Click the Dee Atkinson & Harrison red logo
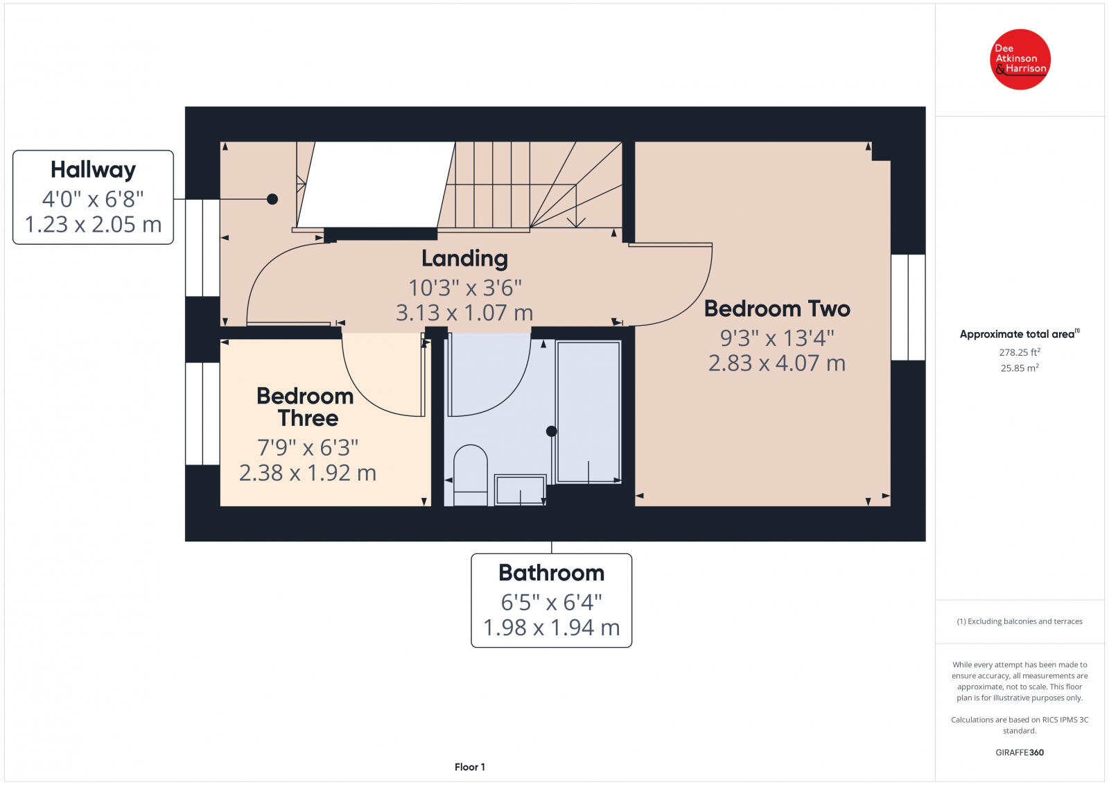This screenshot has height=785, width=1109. click(1020, 60)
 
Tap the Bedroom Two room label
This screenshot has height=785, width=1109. click(777, 309)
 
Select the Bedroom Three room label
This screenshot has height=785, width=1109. click(306, 407)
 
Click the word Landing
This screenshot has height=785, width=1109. click(464, 259)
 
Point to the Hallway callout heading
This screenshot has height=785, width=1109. click(93, 170)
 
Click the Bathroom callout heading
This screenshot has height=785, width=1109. click(551, 573)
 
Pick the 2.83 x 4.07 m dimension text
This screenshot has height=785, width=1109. click(777, 363)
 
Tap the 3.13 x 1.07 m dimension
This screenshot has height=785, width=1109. click(464, 313)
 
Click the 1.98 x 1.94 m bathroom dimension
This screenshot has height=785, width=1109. click(551, 628)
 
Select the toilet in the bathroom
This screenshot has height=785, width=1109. click(470, 475)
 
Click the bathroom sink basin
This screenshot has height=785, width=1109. click(520, 490)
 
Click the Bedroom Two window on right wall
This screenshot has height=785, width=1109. click(907, 307)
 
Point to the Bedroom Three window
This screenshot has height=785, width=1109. click(202, 413)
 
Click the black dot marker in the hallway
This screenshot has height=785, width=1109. click(272, 199)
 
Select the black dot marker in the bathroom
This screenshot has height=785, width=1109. click(551, 431)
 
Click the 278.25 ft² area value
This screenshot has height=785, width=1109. click(1019, 352)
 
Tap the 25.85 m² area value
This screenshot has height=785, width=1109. click(1019, 368)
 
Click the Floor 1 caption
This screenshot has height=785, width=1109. click(470, 767)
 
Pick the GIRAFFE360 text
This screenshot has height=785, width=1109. click(1019, 752)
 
